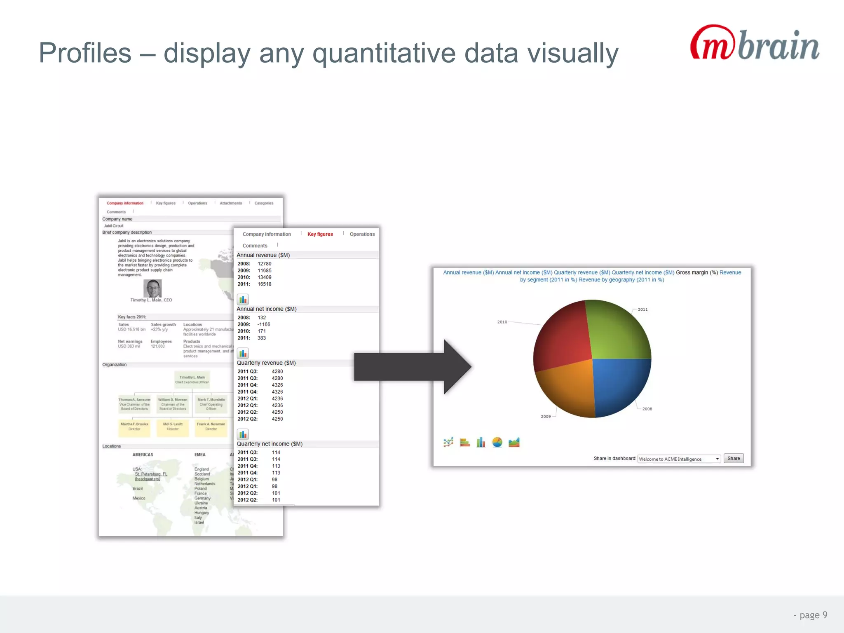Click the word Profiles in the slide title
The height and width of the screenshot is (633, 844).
(x=85, y=53)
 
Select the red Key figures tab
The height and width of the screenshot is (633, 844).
(x=320, y=234)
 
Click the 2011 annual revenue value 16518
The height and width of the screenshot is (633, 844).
(x=265, y=284)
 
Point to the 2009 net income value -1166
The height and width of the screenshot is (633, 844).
(x=264, y=324)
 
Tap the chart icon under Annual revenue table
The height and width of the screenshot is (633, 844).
(x=243, y=300)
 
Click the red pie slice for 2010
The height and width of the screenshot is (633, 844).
(x=563, y=338)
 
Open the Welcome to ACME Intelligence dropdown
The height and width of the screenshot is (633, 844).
(x=679, y=459)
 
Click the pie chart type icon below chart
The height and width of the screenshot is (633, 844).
(x=497, y=443)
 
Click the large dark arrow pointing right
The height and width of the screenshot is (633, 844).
(x=412, y=367)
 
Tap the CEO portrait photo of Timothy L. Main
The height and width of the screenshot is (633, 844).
(x=152, y=288)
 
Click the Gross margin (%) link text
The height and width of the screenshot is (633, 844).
(x=696, y=272)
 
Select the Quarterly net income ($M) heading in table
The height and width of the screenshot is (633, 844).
(x=270, y=444)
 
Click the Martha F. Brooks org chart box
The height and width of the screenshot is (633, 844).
(x=134, y=427)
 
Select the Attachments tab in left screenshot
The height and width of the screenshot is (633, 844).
(x=231, y=203)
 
